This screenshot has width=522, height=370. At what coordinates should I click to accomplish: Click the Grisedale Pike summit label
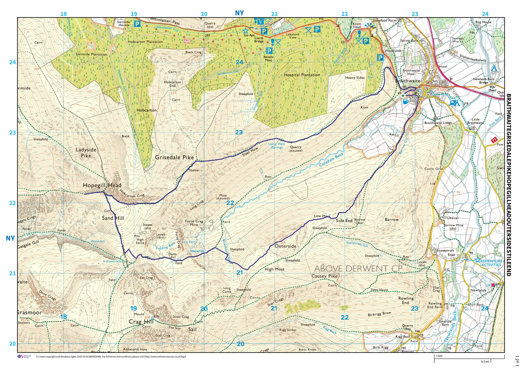point(174,157)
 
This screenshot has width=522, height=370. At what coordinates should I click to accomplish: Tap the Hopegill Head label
point(102,185)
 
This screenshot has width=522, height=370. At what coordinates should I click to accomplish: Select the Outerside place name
point(285,246)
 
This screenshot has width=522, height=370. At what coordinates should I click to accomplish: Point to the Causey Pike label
point(325,276)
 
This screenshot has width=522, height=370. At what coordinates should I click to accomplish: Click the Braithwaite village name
point(408,81)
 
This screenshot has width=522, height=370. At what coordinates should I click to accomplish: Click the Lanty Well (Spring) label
point(276,145)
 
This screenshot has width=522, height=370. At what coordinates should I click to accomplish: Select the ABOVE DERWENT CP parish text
point(358,269)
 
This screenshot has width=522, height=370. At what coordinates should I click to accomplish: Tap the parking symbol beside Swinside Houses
point(137,24)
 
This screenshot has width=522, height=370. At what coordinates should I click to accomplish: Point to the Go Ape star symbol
point(246,30)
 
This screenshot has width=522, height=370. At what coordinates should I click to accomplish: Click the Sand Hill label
point(113,218)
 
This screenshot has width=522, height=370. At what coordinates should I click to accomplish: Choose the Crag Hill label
point(141,322)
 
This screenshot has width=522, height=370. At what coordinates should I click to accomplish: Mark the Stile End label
point(344,221)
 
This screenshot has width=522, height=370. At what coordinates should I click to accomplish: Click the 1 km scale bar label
point(439,356)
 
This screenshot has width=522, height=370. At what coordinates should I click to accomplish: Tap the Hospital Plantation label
point(302,75)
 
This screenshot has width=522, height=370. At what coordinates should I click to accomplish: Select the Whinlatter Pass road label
point(165,21)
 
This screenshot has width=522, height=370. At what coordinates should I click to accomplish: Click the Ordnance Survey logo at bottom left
point(24,357)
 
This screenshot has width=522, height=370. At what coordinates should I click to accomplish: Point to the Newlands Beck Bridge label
point(484,81)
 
